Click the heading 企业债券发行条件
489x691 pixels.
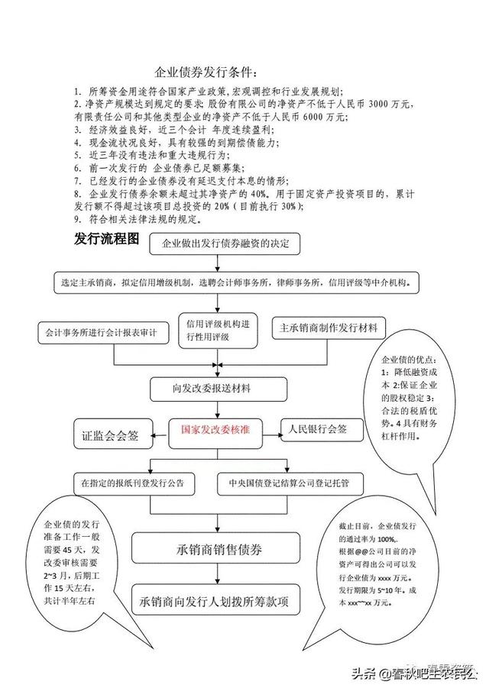206,73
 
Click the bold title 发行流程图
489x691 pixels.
107,238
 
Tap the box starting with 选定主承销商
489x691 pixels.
238,282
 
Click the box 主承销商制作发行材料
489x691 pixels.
329,328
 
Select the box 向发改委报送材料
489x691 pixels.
221,388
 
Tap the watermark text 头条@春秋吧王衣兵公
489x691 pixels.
413,673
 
